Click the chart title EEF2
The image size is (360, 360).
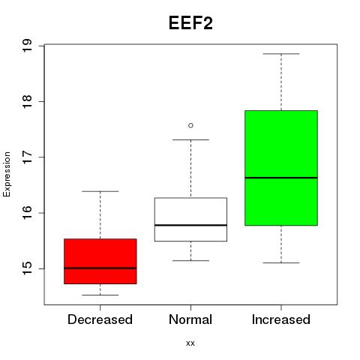tap(190, 23)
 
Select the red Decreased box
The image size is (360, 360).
tap(100, 261)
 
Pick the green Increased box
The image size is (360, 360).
tap(281, 168)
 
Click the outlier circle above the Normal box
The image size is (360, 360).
tap(190, 125)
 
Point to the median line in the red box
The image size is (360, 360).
tap(100, 268)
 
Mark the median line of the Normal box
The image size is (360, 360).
tap(190, 225)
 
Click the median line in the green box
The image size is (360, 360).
tap(281, 178)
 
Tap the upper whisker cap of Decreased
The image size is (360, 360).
tap(100, 191)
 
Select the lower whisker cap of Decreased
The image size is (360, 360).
tap(100, 295)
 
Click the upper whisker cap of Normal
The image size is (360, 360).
tap(190, 139)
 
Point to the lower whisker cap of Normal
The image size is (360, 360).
tap(190, 260)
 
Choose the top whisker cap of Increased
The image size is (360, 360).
tap(281, 54)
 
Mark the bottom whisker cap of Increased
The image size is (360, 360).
tap(281, 262)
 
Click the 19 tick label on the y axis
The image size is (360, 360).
tap(27, 46)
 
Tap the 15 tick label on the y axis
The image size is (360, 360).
tap(27, 268)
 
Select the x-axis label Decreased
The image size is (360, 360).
tap(100, 319)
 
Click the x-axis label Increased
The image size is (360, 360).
tap(281, 319)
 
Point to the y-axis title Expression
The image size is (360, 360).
tap(7, 174)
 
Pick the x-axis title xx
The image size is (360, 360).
tap(190, 343)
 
